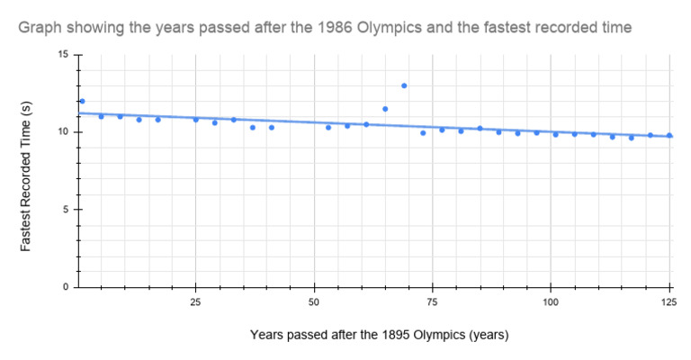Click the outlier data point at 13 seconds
tap(404, 85)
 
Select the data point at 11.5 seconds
tap(385, 109)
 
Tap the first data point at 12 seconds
tap(82, 101)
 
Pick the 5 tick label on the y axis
tap(65, 210)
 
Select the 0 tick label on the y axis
tap(65, 287)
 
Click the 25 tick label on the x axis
tap(195, 301)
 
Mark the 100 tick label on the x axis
tap(551, 301)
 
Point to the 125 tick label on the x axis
tap(668, 301)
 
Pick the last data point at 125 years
tap(669, 135)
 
